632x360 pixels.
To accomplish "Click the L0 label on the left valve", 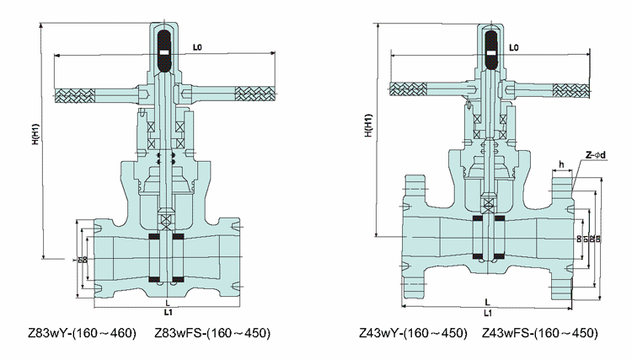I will click(x=196, y=47).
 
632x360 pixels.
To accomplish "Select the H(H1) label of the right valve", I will click(x=367, y=122).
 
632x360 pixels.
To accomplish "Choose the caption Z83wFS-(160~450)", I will click(x=212, y=334).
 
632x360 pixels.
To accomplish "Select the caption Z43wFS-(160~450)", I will click(x=540, y=334).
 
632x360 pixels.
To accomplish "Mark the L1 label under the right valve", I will click(x=488, y=312).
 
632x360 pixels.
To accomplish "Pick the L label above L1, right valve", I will click(x=488, y=301).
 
